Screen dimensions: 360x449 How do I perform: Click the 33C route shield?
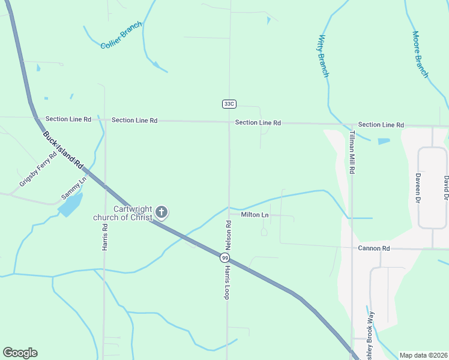point(229,104)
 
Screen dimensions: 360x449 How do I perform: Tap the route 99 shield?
point(224,257)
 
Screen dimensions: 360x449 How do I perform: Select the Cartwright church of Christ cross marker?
point(161,212)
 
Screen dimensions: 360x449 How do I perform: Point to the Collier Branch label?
point(121,35)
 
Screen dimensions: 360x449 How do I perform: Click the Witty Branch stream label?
point(323,56)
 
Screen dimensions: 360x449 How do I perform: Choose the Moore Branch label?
point(420,54)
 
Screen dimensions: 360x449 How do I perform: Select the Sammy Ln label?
point(74,188)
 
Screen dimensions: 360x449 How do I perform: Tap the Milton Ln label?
point(255,214)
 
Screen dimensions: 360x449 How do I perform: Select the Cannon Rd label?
point(374,248)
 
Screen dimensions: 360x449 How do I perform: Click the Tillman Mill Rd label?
point(352,152)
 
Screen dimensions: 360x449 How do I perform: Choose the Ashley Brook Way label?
point(370,333)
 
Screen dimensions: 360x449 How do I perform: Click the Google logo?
point(20,353)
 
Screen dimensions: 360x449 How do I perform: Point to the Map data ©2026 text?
point(423,355)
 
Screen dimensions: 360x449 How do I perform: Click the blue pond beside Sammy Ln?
point(70,206)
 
